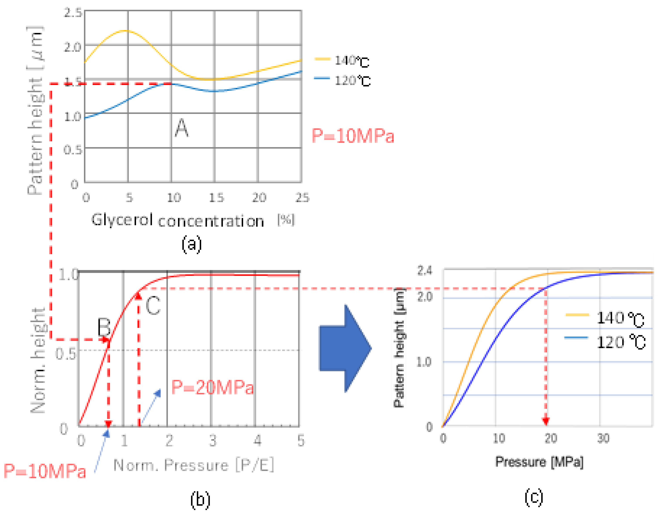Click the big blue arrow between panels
pos(344,349)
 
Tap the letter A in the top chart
pos(182,128)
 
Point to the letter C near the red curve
pos(153,305)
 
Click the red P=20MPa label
pos(212,387)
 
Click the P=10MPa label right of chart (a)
pos(353,136)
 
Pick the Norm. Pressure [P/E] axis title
pos(194,465)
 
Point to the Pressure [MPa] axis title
pos(539,462)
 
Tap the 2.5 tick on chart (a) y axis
pos(73,13)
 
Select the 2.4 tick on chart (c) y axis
pos(424,271)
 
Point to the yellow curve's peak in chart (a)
pos(125,31)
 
